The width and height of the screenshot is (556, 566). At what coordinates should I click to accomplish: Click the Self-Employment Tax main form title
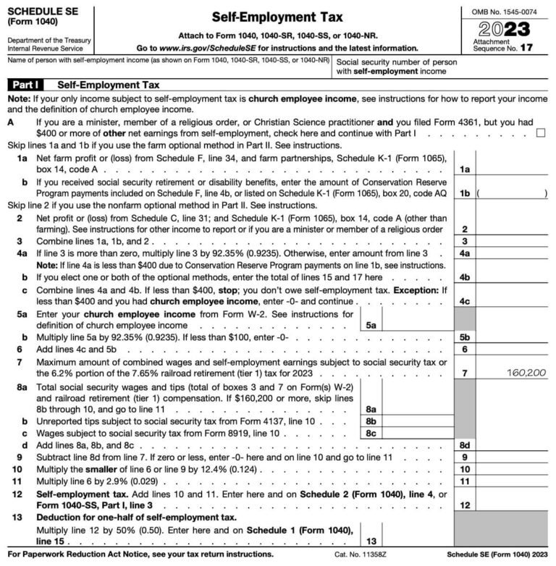click(x=278, y=16)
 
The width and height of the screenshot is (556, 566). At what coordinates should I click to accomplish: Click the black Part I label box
click(x=28, y=85)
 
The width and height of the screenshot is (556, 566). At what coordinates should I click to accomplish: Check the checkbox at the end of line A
click(x=541, y=133)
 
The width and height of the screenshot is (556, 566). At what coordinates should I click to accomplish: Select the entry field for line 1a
click(x=515, y=169)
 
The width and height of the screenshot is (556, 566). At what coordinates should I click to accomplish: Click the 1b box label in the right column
click(x=466, y=193)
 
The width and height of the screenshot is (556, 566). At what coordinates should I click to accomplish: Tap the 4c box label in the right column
click(x=466, y=300)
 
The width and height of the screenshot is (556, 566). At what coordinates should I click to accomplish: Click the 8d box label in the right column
click(x=466, y=444)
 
